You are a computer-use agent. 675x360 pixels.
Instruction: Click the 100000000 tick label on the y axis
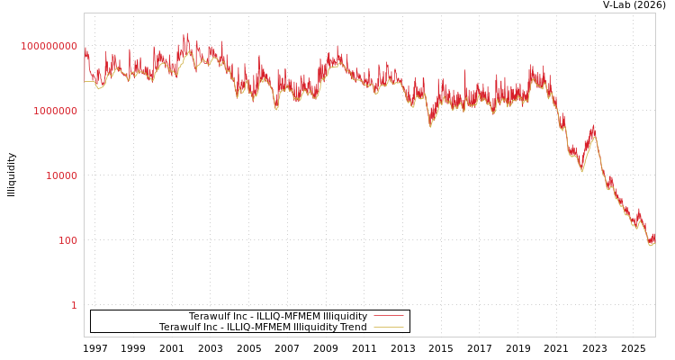tap(49, 46)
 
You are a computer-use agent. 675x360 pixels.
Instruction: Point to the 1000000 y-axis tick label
tap(56, 111)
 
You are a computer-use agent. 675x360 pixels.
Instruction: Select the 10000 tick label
tap(62, 175)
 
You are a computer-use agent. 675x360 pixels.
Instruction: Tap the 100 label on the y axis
tap(68, 240)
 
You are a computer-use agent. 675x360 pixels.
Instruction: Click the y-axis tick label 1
tap(74, 305)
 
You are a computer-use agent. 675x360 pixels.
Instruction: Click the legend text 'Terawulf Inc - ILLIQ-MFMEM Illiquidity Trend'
tap(263, 328)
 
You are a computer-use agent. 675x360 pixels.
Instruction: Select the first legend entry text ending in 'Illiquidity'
tap(277, 317)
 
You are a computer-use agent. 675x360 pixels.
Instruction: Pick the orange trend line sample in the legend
tap(388, 328)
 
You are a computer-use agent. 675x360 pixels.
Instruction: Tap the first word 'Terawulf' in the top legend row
tap(209, 317)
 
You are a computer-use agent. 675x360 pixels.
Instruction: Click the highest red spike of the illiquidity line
tap(186, 34)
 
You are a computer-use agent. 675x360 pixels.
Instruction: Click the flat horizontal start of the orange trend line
tap(89, 82)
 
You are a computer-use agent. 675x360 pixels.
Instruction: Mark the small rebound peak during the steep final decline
tap(593, 129)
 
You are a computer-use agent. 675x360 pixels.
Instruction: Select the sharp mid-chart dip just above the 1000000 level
tap(430, 125)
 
